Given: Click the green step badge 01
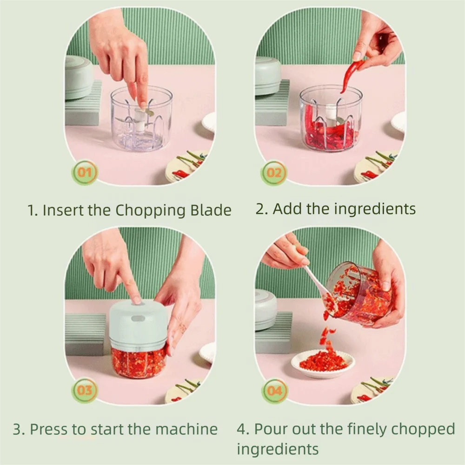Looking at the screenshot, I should click(x=84, y=173).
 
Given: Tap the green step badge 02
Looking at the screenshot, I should click(x=274, y=173).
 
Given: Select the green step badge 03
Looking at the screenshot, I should click(x=84, y=391).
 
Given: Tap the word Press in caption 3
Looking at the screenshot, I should click(x=49, y=429).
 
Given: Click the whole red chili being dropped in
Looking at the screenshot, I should click(x=349, y=74).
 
